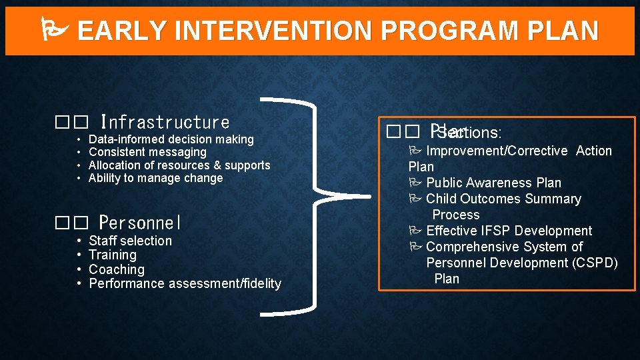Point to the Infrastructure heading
(x=165, y=123)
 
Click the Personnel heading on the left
(x=140, y=222)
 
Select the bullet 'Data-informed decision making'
(x=171, y=139)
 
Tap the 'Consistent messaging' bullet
(x=147, y=153)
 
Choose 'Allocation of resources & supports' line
(x=179, y=165)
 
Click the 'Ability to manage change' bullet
(x=155, y=178)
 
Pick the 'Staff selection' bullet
(x=130, y=241)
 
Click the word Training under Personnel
(x=112, y=255)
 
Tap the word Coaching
(x=116, y=269)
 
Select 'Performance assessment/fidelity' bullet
(x=185, y=284)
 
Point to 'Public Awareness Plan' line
(x=493, y=183)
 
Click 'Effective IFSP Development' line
(x=508, y=231)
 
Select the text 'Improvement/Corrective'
(x=497, y=151)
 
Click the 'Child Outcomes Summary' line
(x=503, y=199)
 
